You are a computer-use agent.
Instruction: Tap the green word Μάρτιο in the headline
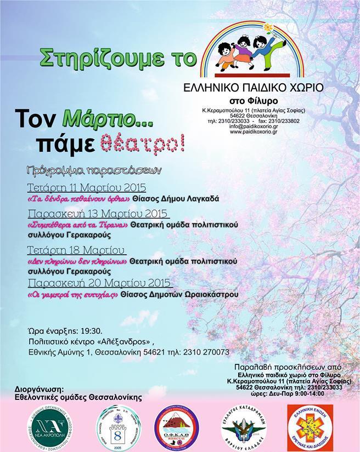(x=89, y=118)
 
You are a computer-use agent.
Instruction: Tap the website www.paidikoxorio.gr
(x=252, y=131)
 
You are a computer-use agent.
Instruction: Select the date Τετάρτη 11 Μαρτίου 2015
(x=86, y=186)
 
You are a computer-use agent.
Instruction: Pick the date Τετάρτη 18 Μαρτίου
(x=77, y=250)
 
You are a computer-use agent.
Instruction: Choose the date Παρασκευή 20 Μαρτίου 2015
(x=99, y=283)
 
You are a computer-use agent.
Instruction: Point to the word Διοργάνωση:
(x=36, y=388)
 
